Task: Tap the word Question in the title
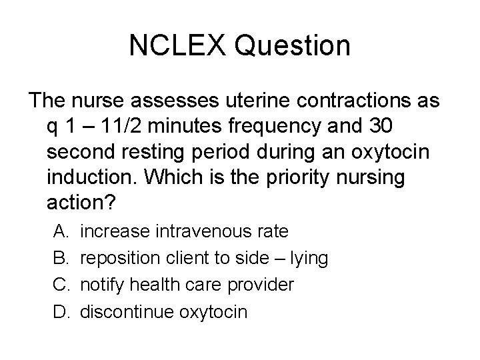(292, 46)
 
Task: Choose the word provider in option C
(263, 285)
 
